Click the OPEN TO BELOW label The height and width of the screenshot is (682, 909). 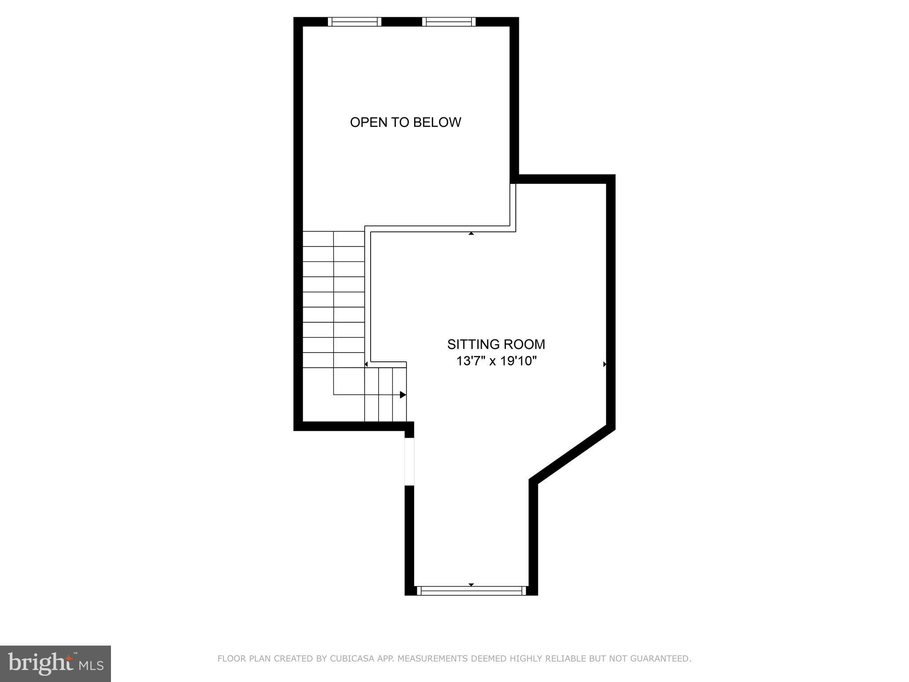pos(405,122)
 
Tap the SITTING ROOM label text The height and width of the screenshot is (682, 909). pos(496,344)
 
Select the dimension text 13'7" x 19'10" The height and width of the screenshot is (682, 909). pos(496,361)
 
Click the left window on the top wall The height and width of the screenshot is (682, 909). pos(354,22)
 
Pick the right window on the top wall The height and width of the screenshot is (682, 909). pos(448,22)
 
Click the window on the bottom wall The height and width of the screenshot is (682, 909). pos(471,590)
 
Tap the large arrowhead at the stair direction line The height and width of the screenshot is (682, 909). pos(403,395)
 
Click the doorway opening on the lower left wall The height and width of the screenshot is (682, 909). pos(409,461)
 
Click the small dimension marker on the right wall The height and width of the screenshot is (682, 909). pos(605,364)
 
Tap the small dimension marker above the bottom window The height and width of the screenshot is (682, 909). pos(471,584)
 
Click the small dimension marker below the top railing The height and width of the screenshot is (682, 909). pos(471,233)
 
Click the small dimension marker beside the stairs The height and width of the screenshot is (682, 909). pos(366,364)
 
